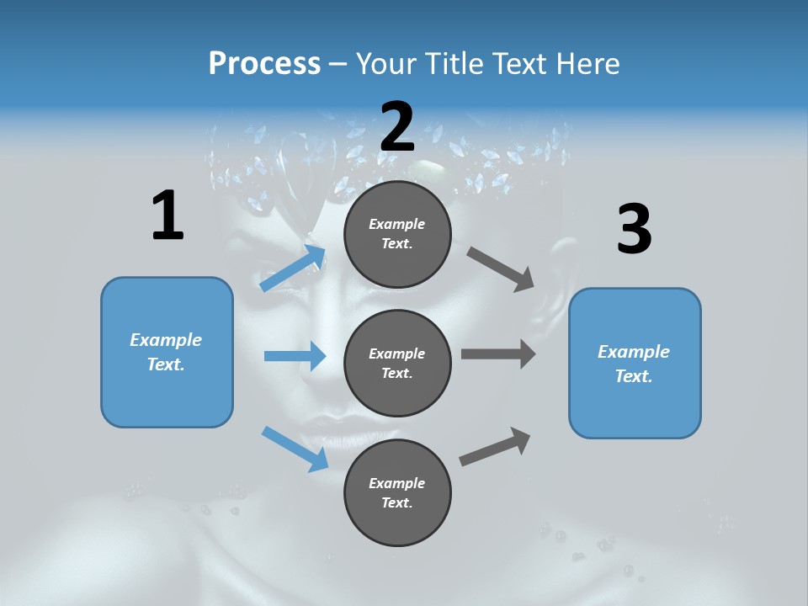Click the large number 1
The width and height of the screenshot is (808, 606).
[x=167, y=215]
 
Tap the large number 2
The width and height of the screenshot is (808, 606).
[x=397, y=127]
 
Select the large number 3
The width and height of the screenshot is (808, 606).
[x=634, y=230]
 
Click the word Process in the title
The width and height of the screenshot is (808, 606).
[x=264, y=63]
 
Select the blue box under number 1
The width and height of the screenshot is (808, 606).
[x=167, y=352]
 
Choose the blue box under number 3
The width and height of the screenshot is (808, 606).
[x=635, y=364]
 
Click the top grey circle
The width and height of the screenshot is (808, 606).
[x=397, y=234]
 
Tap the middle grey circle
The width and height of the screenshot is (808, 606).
[x=397, y=363]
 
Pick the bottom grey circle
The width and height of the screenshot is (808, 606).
[x=397, y=492]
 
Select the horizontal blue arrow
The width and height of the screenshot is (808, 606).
[x=295, y=356]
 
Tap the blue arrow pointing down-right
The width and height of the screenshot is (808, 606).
[x=295, y=449]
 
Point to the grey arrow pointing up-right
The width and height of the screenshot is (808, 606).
[x=496, y=447]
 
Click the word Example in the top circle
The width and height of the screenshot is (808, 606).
[x=397, y=224]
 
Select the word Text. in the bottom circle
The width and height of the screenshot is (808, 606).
[x=397, y=502]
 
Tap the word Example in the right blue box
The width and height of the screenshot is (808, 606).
[x=634, y=352]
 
